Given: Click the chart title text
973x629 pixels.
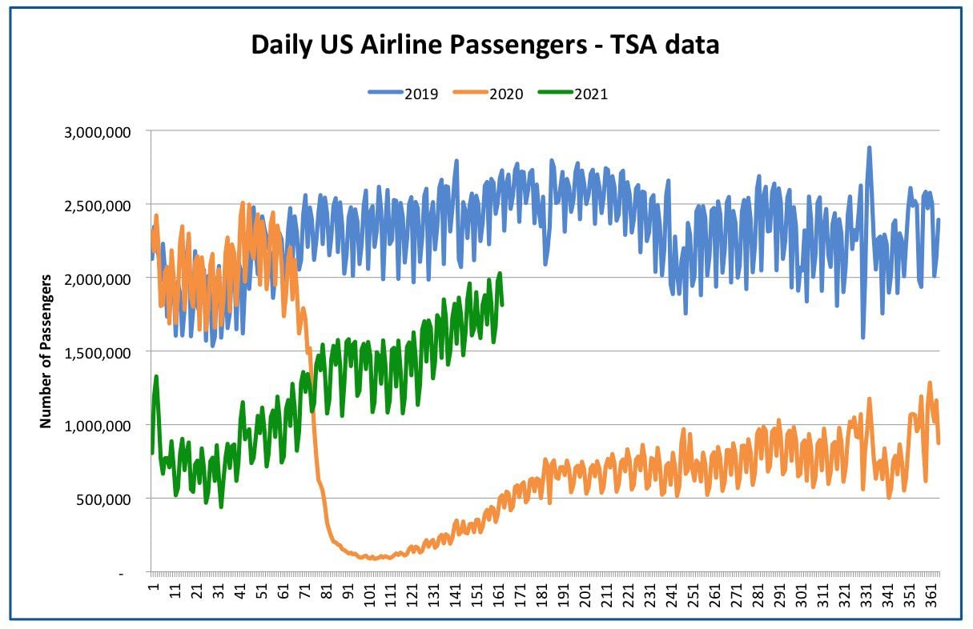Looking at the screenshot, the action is pos(485,44).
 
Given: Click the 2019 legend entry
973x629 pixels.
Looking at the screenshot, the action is pos(404,94).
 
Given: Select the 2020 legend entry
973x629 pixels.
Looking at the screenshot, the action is pos(489,94).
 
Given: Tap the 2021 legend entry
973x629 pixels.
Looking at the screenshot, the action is pos(573,94).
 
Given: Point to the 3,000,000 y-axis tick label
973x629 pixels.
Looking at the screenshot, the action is pos(98,132).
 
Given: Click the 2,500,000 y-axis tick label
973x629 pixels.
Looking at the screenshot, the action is pos(98,206).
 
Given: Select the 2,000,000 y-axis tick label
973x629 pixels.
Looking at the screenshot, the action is pos(98,279).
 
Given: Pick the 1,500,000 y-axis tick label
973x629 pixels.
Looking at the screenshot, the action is pos(98,353).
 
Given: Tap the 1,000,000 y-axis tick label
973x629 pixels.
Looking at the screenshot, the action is pos(98,427).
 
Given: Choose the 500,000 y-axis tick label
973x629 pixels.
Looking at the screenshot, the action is pos(103,499).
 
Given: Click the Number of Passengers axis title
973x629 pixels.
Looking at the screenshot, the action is pos(46,351).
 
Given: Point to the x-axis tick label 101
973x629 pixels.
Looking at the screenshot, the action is pos(369,595).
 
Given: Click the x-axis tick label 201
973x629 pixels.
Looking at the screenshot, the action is pos(585,595).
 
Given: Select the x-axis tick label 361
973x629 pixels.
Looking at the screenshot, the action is pos(931,595).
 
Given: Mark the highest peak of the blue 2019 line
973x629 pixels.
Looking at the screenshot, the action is pos(869,147).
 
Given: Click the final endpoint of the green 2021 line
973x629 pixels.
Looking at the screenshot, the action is pos(502,305).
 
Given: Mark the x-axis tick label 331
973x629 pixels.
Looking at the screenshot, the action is pos(866,595).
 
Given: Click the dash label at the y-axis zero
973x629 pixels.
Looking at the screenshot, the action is pos(121,574).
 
